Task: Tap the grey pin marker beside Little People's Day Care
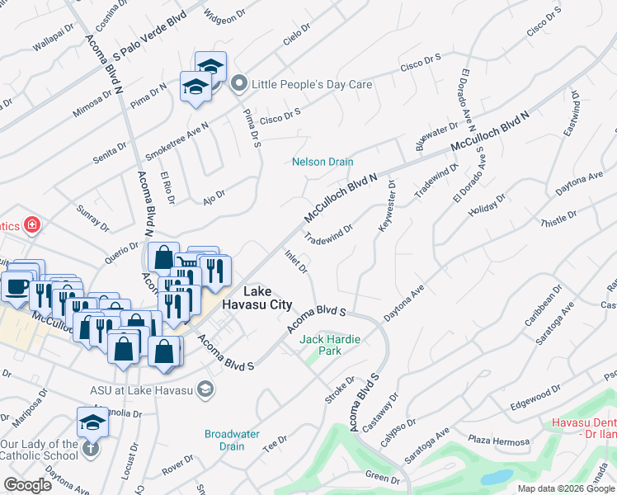(239, 83)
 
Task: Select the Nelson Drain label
(323, 162)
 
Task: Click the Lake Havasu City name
(267, 298)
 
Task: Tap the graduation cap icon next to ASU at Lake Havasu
(206, 389)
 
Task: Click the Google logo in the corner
(28, 485)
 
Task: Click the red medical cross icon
(32, 224)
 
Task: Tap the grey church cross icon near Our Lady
(90, 449)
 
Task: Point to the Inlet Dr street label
(296, 262)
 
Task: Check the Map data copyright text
(566, 488)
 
